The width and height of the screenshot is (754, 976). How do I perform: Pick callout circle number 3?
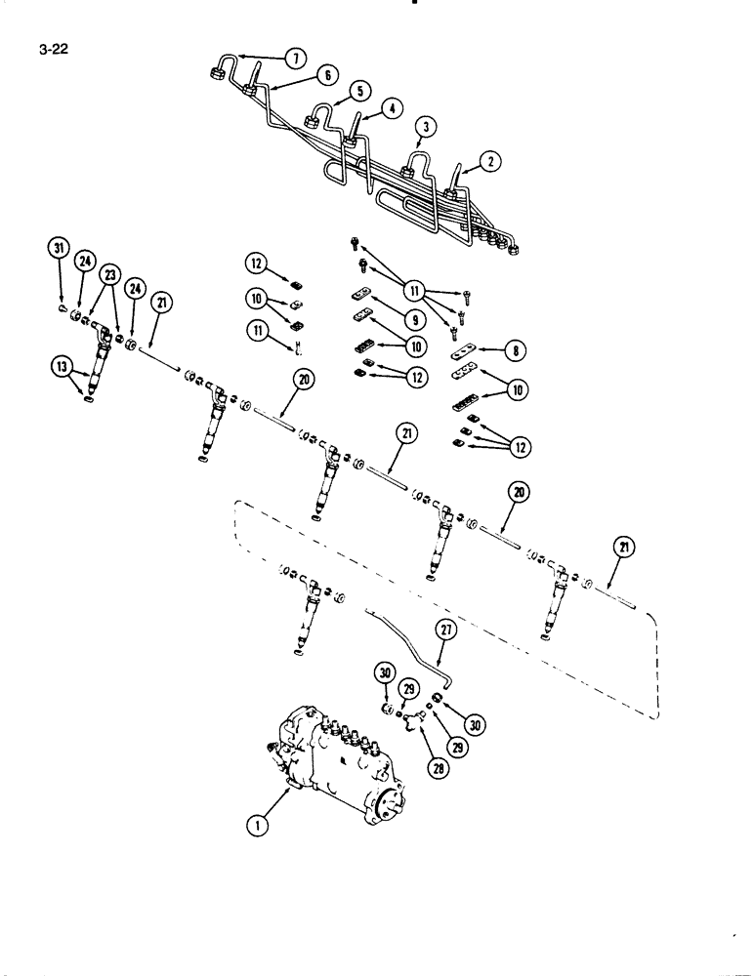coord(425,128)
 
